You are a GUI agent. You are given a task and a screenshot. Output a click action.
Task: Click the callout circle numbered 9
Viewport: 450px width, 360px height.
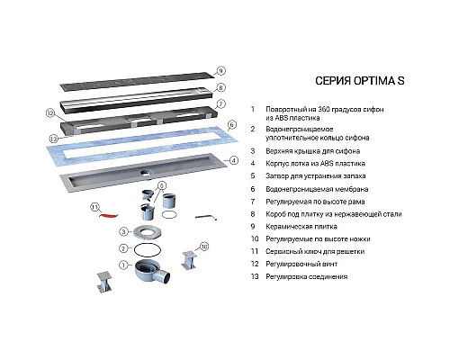220,69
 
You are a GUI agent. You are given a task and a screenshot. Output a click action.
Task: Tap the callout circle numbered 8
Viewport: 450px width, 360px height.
220,87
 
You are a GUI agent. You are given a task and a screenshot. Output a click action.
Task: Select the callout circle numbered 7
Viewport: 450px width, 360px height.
220,104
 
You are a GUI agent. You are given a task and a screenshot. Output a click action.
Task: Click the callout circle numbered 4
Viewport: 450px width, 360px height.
233,161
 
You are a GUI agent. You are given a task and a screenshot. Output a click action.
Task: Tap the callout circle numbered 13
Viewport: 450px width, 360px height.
54,139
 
